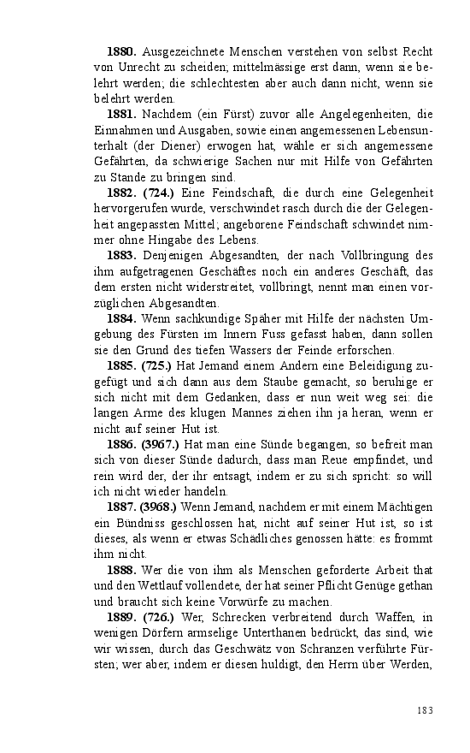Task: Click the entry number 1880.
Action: coord(120,53)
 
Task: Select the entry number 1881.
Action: coord(120,115)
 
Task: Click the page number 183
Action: coord(425,710)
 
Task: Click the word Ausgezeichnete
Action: coord(182,53)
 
